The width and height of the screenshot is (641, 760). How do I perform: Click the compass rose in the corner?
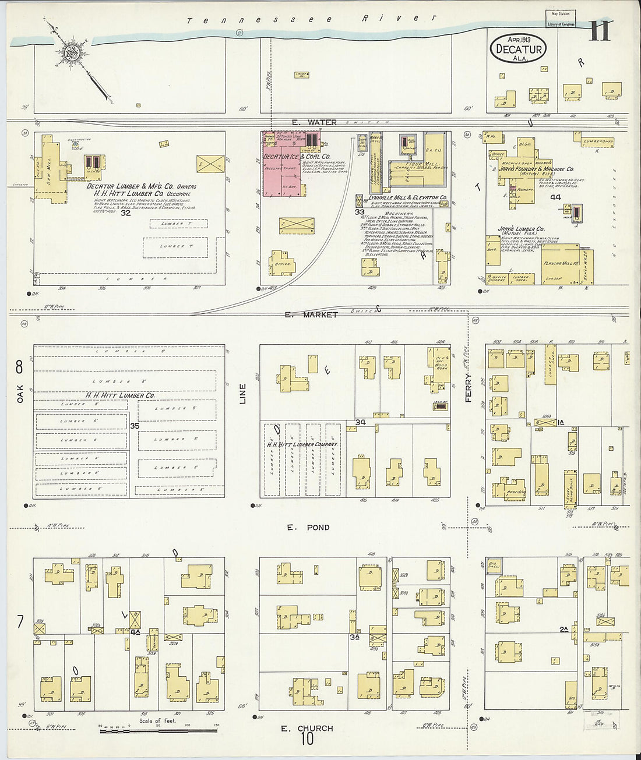(x=73, y=51)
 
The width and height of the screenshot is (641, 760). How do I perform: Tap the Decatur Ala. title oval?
(x=519, y=49)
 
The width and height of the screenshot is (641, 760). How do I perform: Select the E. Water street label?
(x=314, y=122)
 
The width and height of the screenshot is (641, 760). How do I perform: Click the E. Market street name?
(x=311, y=314)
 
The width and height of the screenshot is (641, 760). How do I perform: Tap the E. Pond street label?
(x=308, y=528)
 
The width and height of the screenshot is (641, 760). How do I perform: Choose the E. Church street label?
(x=307, y=728)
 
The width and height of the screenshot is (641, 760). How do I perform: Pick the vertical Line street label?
(x=243, y=394)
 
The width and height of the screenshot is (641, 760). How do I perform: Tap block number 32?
(x=126, y=213)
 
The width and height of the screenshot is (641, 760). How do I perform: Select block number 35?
(x=135, y=426)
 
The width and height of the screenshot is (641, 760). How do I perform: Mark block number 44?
(x=555, y=197)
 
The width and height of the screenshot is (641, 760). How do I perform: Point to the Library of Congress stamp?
(x=561, y=19)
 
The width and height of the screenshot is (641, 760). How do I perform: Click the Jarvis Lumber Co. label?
(x=521, y=229)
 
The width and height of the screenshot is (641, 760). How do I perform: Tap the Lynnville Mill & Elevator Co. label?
(x=408, y=197)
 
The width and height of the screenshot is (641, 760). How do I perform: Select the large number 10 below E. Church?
(x=307, y=740)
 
